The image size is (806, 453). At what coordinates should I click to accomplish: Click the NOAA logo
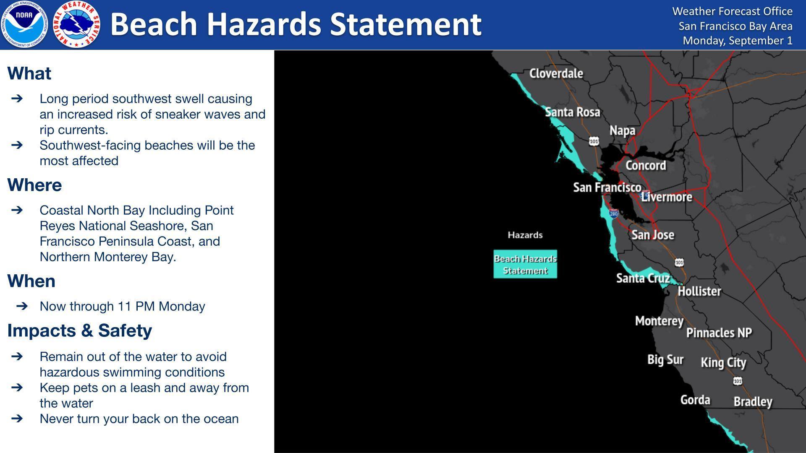24,24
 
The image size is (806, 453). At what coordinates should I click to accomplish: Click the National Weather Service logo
77,24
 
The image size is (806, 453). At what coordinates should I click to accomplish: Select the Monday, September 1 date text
738,40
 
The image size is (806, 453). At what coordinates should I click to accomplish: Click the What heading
29,73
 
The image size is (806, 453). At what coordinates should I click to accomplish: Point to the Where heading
34,185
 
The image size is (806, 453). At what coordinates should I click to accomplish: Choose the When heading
31,281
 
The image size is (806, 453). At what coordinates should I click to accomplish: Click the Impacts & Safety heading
79,331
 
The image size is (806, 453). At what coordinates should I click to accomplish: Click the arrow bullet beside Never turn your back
17,419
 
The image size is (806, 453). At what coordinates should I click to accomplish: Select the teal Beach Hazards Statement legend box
525,264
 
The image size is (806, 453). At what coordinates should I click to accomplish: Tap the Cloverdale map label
556,73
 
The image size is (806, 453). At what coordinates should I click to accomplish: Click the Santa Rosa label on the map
572,112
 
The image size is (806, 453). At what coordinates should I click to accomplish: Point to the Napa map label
622,130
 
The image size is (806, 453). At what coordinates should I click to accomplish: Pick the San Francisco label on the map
607,187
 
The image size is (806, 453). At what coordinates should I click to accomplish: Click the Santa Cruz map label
643,278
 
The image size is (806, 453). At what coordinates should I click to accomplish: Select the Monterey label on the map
659,321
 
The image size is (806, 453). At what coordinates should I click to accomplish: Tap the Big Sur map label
665,359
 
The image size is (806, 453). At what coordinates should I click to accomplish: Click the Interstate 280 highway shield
614,213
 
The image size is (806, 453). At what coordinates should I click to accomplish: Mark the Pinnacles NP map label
719,333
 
